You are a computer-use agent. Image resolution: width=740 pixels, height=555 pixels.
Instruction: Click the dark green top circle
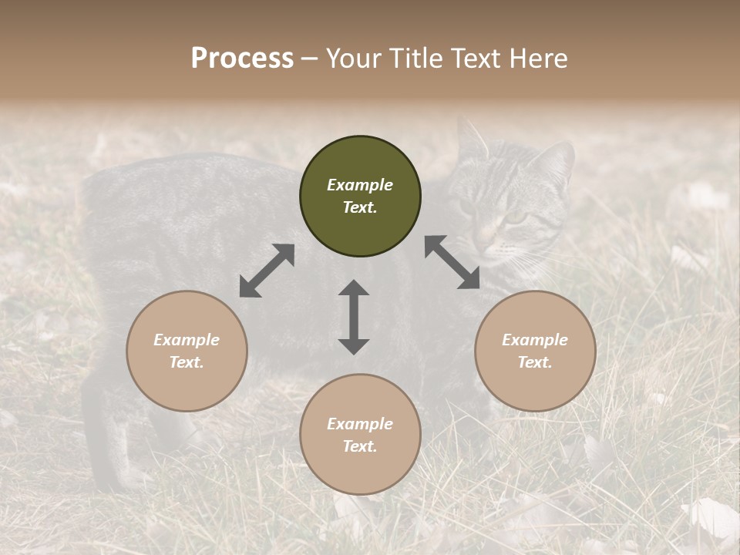tap(360, 197)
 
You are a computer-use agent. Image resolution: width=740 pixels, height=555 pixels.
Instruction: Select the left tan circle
tap(187, 351)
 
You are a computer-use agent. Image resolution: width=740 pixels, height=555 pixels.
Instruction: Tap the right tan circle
tap(535, 351)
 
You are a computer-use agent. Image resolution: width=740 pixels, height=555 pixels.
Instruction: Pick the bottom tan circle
tap(360, 435)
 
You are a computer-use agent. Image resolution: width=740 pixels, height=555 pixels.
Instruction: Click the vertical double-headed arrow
tap(354, 317)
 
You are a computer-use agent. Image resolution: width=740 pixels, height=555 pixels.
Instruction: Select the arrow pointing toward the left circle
tap(267, 271)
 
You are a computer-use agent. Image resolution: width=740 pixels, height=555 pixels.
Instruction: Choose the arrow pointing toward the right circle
tap(452, 262)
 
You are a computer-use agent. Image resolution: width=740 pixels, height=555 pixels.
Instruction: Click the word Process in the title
tap(242, 58)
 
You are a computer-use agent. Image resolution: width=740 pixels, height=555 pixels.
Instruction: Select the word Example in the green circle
tap(360, 185)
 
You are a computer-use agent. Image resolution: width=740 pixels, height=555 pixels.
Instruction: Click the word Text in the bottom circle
tap(358, 446)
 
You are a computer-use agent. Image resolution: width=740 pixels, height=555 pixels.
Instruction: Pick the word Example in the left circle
tap(187, 340)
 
